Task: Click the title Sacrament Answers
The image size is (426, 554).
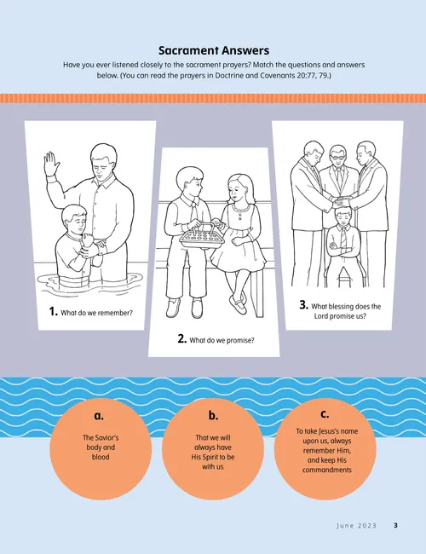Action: (213, 50)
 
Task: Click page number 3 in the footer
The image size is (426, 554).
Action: (395, 526)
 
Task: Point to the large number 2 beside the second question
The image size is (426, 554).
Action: (181, 338)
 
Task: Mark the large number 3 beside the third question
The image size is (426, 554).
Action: (303, 304)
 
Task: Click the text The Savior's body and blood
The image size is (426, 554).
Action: (98, 447)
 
